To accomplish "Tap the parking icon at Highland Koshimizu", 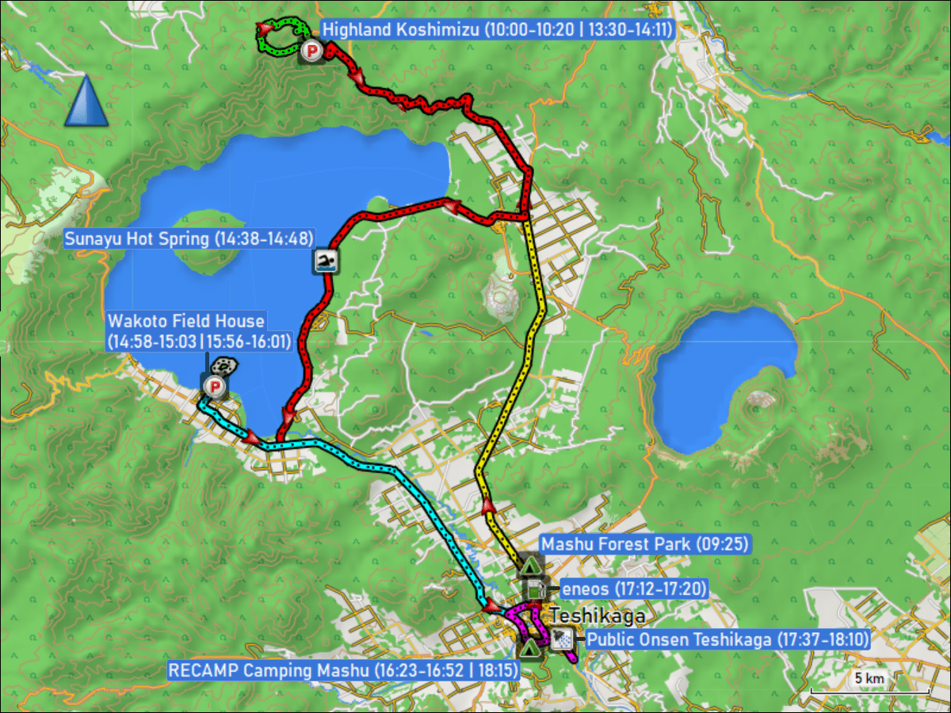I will (312, 52).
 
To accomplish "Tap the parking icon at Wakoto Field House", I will (214, 387).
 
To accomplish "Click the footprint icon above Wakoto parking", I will (223, 366).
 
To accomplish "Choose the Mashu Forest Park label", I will (644, 544).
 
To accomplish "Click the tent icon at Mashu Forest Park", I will (529, 566).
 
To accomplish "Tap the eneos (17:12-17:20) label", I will (633, 589).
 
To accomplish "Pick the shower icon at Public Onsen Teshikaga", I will (563, 638).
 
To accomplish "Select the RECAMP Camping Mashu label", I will (343, 670).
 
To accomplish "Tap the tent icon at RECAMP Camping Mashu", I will (529, 647).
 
